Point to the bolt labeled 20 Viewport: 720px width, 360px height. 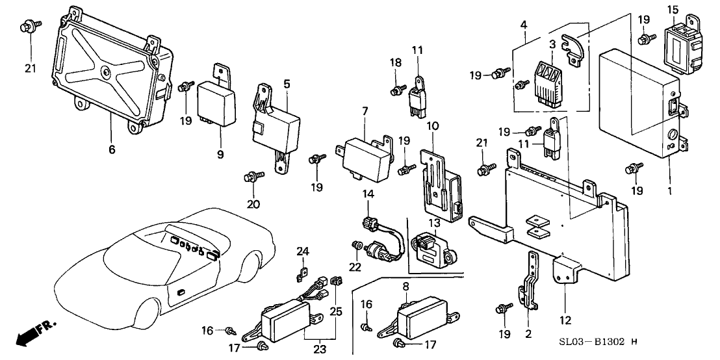click(252, 177)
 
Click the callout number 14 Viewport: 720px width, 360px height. click(368, 194)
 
